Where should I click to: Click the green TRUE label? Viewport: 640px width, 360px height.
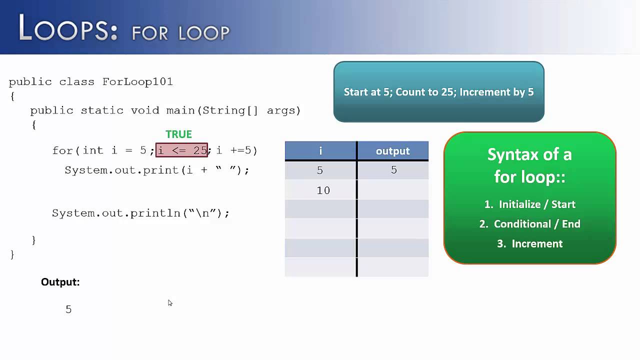pos(178,134)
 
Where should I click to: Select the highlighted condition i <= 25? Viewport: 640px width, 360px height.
pos(182,150)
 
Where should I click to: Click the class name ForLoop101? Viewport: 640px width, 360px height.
pos(137,82)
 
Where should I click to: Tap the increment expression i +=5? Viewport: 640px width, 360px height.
pos(236,150)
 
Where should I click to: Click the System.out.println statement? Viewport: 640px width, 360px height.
pos(140,213)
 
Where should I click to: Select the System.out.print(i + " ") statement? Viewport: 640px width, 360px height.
pos(156,170)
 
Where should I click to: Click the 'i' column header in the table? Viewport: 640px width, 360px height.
pos(320,151)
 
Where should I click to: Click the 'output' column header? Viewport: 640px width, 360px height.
pos(392,151)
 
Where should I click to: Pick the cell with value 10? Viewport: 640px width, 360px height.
pos(323,190)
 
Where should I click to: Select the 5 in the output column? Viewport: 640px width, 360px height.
pos(393,170)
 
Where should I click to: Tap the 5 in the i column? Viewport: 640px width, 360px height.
pos(320,170)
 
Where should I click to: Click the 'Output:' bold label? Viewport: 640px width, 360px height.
pos(60,282)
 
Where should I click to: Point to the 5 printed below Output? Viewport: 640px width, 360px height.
pos(68,309)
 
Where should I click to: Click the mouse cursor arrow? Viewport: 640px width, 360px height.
pos(170,303)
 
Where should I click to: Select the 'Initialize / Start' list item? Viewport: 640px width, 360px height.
pos(536,204)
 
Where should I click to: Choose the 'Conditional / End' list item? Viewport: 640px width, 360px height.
pos(536,224)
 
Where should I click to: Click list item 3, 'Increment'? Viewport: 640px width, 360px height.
pos(536,244)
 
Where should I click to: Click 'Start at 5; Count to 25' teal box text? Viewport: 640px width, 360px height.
pos(438,92)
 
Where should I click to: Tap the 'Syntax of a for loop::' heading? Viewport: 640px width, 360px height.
pos(529,165)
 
